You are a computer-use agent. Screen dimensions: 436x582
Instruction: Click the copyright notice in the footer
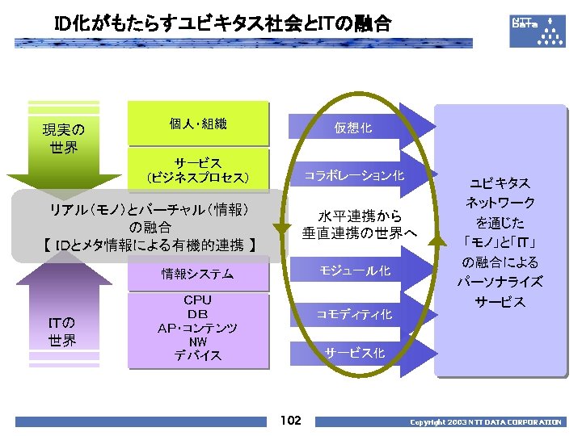[485, 422]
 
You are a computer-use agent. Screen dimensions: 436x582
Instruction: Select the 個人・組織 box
[198, 124]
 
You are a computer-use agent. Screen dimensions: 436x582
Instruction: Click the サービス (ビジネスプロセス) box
[198, 170]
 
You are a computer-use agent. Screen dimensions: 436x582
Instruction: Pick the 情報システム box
[198, 275]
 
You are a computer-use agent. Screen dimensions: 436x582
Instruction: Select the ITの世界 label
[63, 332]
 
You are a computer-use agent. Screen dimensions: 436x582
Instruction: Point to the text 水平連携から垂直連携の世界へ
[359, 225]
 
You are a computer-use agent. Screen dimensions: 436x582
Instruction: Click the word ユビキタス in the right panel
[500, 184]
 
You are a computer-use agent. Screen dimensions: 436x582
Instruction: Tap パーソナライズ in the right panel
[500, 282]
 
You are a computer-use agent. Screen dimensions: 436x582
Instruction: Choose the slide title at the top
[222, 25]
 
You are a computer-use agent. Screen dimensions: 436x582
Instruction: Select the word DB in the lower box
[198, 314]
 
